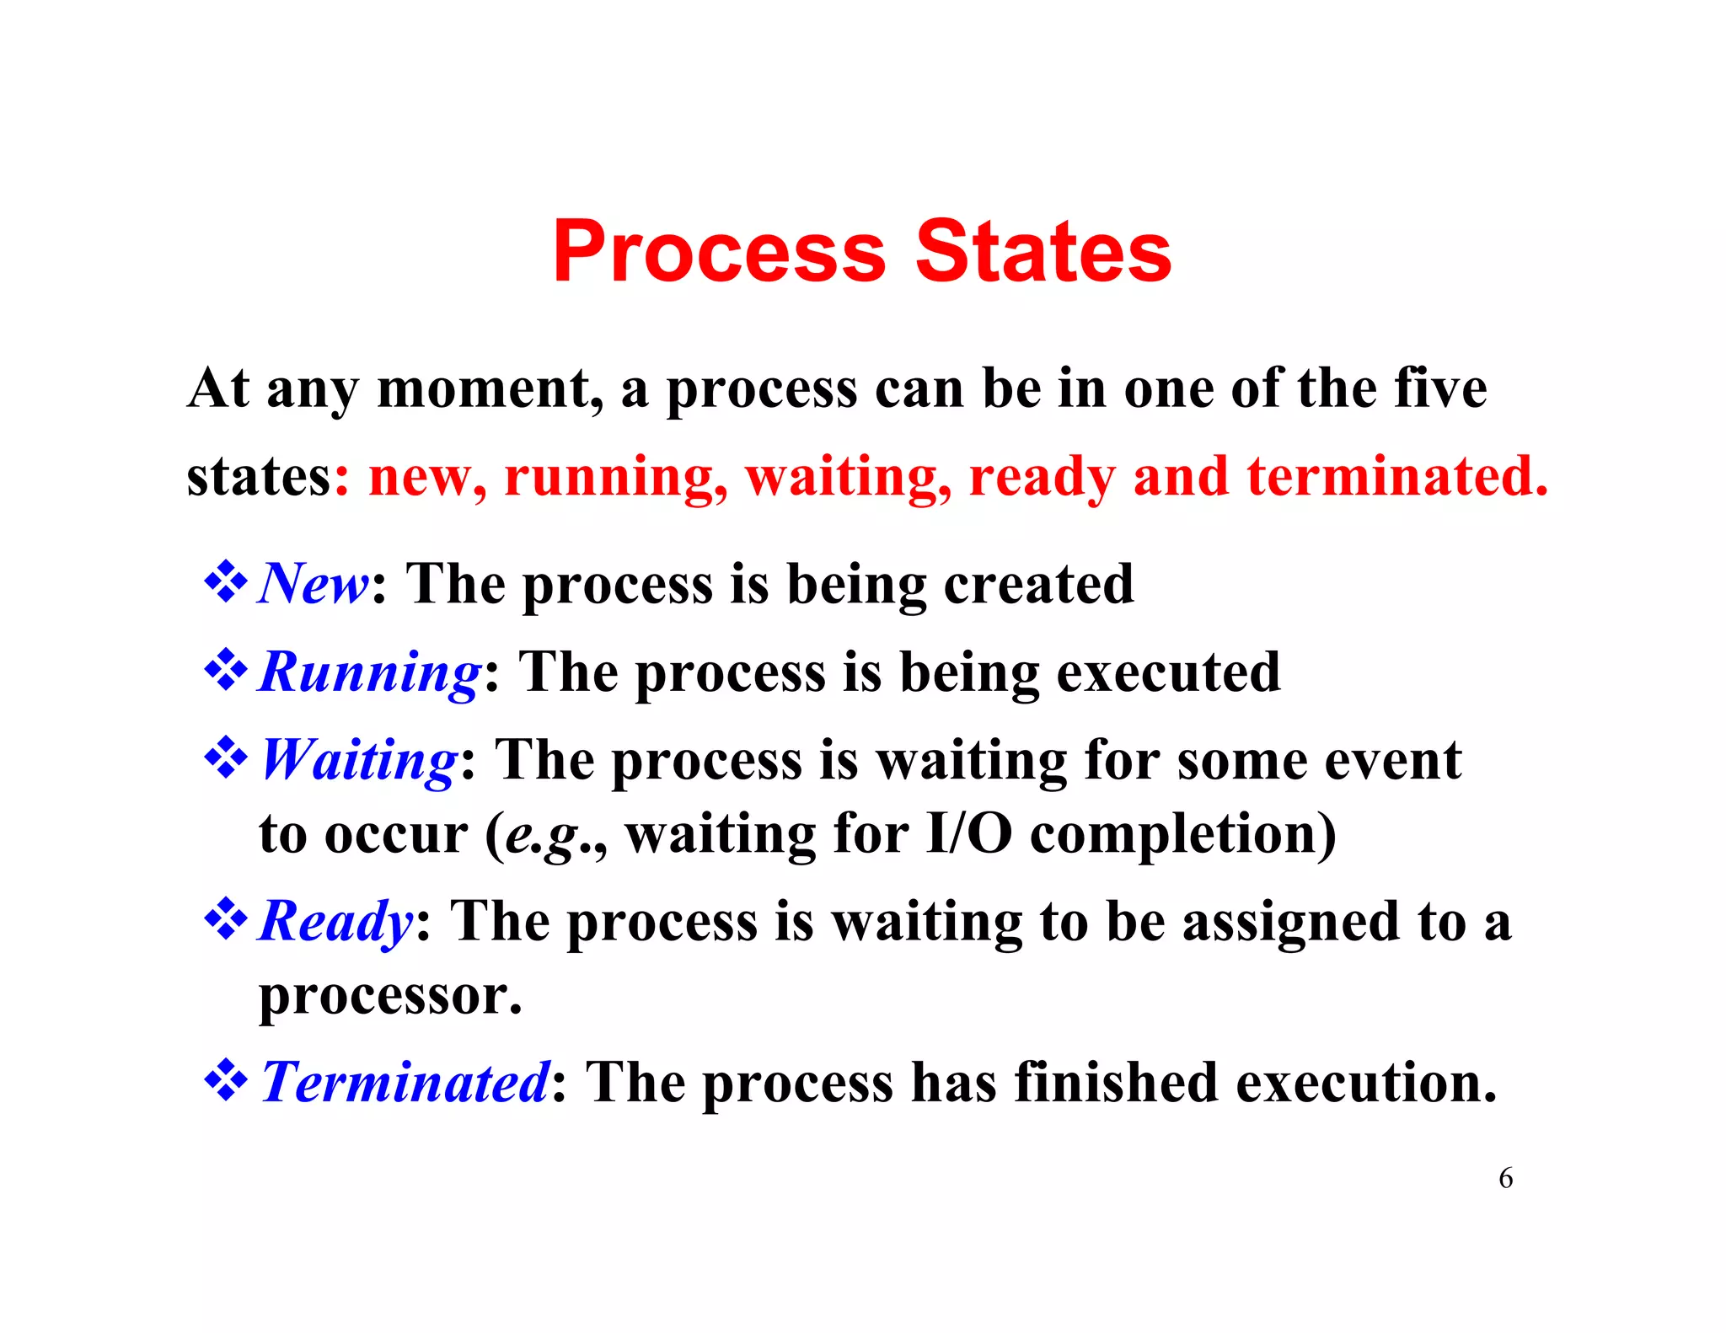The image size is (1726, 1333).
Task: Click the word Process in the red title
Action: coord(719,252)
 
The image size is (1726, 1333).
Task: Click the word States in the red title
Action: coord(1043,252)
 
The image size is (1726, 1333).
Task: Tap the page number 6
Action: coord(1505,1178)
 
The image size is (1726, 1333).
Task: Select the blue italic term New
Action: coord(313,583)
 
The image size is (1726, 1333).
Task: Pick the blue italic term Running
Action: coord(370,673)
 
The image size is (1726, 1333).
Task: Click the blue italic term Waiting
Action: coord(359,761)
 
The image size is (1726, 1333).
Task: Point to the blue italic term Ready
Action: coord(335,922)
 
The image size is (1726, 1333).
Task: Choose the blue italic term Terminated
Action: coord(405,1082)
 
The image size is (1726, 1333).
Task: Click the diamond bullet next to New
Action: coord(226,583)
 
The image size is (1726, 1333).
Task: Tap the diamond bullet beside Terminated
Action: coord(226,1082)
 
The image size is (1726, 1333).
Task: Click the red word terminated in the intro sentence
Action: coord(1396,477)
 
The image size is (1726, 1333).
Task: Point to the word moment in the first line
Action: coord(490,389)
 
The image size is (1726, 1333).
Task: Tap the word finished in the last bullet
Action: coord(1116,1082)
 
